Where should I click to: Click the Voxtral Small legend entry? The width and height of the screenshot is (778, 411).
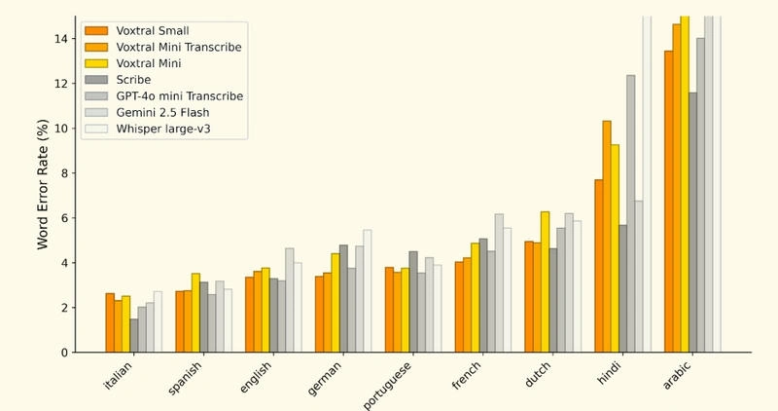coord(137,31)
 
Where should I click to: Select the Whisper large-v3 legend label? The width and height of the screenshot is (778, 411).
coord(163,129)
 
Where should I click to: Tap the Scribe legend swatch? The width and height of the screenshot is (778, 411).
coord(96,80)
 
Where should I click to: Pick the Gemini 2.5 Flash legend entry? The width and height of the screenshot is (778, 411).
coord(147,112)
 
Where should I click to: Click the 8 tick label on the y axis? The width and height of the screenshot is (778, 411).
coord(64,173)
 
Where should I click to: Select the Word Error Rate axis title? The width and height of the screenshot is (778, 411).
coord(43,184)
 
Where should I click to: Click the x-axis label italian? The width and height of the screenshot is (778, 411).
coord(118,376)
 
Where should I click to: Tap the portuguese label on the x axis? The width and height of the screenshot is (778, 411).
coord(387,386)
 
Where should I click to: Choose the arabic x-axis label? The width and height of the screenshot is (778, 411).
coord(677,376)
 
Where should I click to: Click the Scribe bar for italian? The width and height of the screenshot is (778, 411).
coord(134,335)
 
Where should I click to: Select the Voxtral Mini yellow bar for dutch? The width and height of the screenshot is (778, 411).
coord(546,281)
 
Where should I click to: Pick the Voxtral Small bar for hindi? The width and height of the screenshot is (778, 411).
coord(599,266)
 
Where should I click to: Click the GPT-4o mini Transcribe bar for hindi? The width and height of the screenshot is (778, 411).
coord(631,213)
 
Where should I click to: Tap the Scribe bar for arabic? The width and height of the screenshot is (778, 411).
coord(693,222)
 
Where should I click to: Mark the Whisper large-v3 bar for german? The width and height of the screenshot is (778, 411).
coord(368,291)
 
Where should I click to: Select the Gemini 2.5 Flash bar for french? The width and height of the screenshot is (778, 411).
coord(499,283)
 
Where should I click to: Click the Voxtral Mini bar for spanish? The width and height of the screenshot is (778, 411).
coord(196,313)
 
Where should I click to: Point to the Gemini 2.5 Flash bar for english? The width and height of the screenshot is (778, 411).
coord(289,300)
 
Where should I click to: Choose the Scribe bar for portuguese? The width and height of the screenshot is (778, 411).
coord(413,302)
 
